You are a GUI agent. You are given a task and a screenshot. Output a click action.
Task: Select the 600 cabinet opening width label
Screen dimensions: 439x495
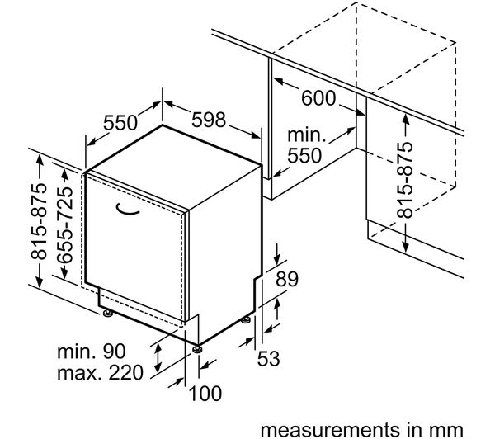click(318, 98)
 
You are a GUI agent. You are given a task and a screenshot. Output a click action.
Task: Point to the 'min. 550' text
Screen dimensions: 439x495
click(307, 144)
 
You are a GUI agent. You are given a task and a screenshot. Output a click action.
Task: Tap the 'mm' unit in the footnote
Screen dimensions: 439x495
click(446, 429)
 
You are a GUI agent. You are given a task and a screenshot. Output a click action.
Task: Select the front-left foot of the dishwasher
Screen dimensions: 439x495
click(107, 312)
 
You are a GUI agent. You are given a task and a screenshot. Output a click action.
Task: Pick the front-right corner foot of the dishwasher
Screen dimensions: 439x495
click(196, 347)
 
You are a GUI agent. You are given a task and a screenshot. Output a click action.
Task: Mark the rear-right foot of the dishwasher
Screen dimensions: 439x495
click(246, 319)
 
